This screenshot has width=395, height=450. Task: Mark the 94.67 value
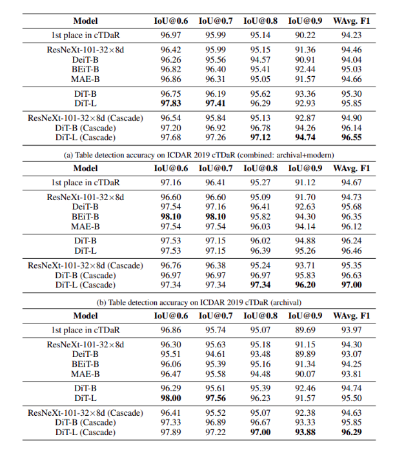(x=351, y=182)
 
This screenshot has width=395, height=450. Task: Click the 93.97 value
(x=351, y=330)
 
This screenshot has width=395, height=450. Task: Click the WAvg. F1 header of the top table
(x=351, y=21)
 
